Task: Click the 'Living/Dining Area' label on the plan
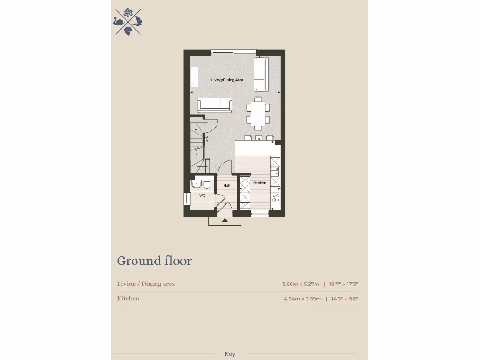pyautogui.click(x=227, y=80)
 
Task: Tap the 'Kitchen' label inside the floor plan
pyautogui.click(x=260, y=183)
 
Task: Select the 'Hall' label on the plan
pyautogui.click(x=226, y=186)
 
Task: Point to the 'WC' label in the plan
pyautogui.click(x=202, y=195)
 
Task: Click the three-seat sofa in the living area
pyautogui.click(x=215, y=105)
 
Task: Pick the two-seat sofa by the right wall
pyautogui.click(x=261, y=75)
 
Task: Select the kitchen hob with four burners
pyautogui.click(x=276, y=197)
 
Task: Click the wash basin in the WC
pyautogui.click(x=196, y=184)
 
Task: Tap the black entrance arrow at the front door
pyautogui.click(x=225, y=219)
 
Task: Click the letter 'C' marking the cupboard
pyautogui.click(x=196, y=128)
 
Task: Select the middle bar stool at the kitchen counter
pyautogui.click(x=258, y=138)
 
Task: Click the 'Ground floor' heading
pyautogui.click(x=154, y=261)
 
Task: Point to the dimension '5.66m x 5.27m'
pyautogui.click(x=300, y=284)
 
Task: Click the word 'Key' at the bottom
pyautogui.click(x=230, y=354)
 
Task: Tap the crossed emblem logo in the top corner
pyautogui.click(x=128, y=22)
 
